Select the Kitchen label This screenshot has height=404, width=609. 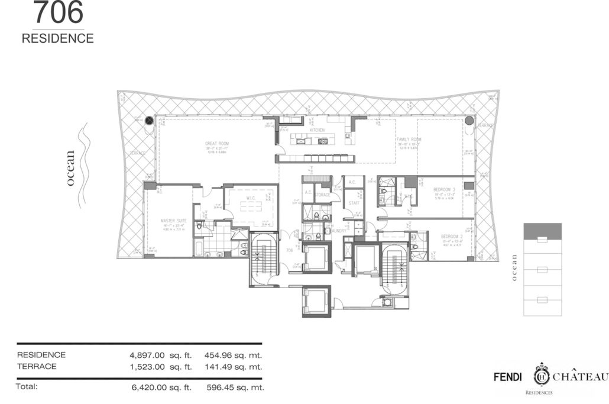click(x=318, y=130)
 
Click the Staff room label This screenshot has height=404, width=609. click(x=354, y=203)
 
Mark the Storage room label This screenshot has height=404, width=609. click(x=323, y=194)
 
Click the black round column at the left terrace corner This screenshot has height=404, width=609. click(x=150, y=121)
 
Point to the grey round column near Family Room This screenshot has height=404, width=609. click(x=469, y=121)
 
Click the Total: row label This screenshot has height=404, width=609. click(x=27, y=387)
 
